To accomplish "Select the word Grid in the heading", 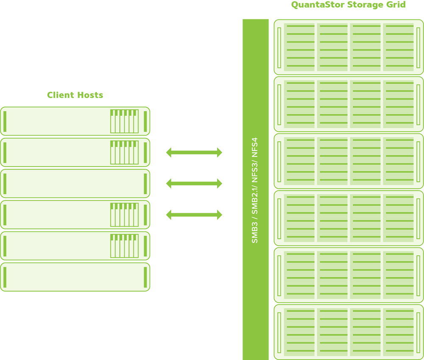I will point(396,5).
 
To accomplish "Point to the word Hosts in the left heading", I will point(89,95).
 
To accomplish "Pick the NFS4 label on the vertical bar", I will point(255,148).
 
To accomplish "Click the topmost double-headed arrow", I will point(194,153).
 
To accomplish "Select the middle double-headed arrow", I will point(194,184).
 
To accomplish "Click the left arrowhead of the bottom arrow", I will point(169,215).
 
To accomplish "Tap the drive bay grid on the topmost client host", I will point(124,121).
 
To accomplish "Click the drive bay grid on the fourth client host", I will point(124,215).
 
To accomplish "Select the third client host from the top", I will point(75,184).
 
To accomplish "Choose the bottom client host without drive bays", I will point(75,277).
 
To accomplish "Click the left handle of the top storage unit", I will point(279,47).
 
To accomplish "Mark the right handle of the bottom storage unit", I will point(418,332).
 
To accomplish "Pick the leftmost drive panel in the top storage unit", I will point(300,47).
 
